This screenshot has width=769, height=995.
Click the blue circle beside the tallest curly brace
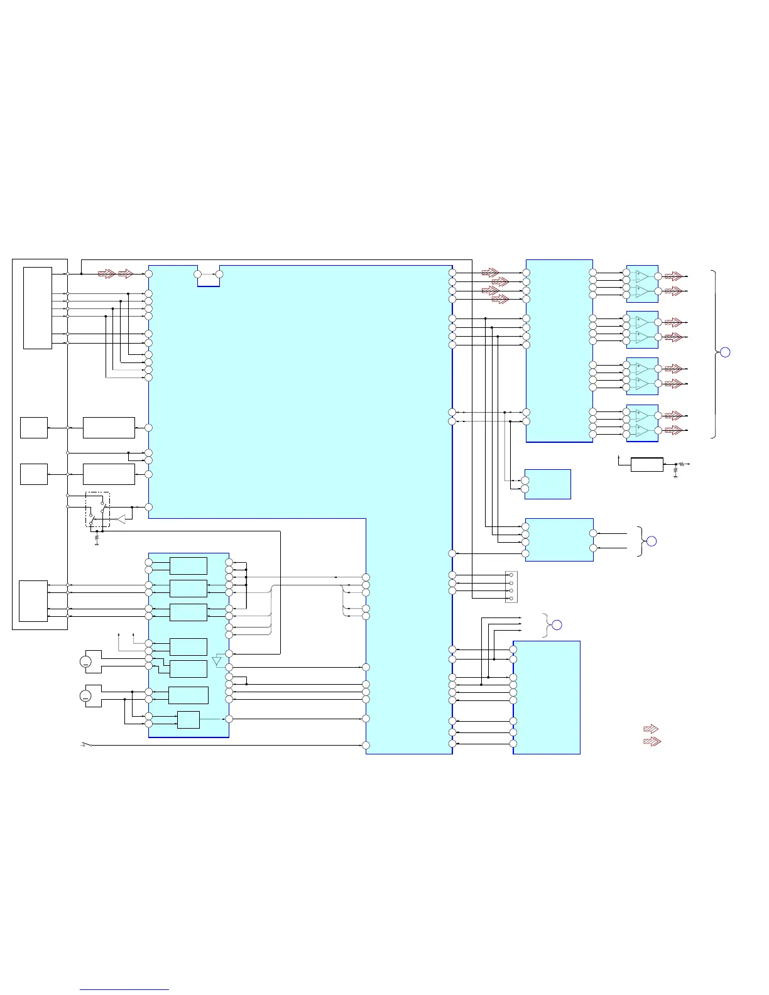pos(724,352)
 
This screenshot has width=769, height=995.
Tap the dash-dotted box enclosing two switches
pos(97,509)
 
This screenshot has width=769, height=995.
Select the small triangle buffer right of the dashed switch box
pos(120,519)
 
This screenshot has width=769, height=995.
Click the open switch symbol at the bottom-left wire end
pos(87,745)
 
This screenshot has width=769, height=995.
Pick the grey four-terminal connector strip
pos(511,587)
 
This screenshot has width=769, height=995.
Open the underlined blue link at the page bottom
pos(124,989)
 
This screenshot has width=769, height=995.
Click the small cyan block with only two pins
pos(547,484)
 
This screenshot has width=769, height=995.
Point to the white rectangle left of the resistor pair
pos(646,465)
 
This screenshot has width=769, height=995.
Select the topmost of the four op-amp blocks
pos(642,284)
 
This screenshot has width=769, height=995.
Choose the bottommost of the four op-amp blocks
pos(642,423)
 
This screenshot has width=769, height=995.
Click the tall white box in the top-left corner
pos(38,308)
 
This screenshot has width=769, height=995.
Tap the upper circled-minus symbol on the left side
pos(86,661)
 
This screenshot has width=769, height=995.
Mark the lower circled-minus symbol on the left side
pos(86,696)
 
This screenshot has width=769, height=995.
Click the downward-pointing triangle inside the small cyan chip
pos(217,661)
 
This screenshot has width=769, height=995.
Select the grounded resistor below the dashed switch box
pos(96,538)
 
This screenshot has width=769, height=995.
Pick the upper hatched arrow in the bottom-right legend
pos(652,729)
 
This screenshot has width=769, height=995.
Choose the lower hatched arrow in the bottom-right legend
pos(653,741)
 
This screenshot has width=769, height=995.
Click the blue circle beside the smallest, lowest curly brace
pos(556,625)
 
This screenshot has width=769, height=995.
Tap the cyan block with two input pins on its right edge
pos(559,540)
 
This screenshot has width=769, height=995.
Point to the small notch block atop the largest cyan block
pos(209,276)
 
